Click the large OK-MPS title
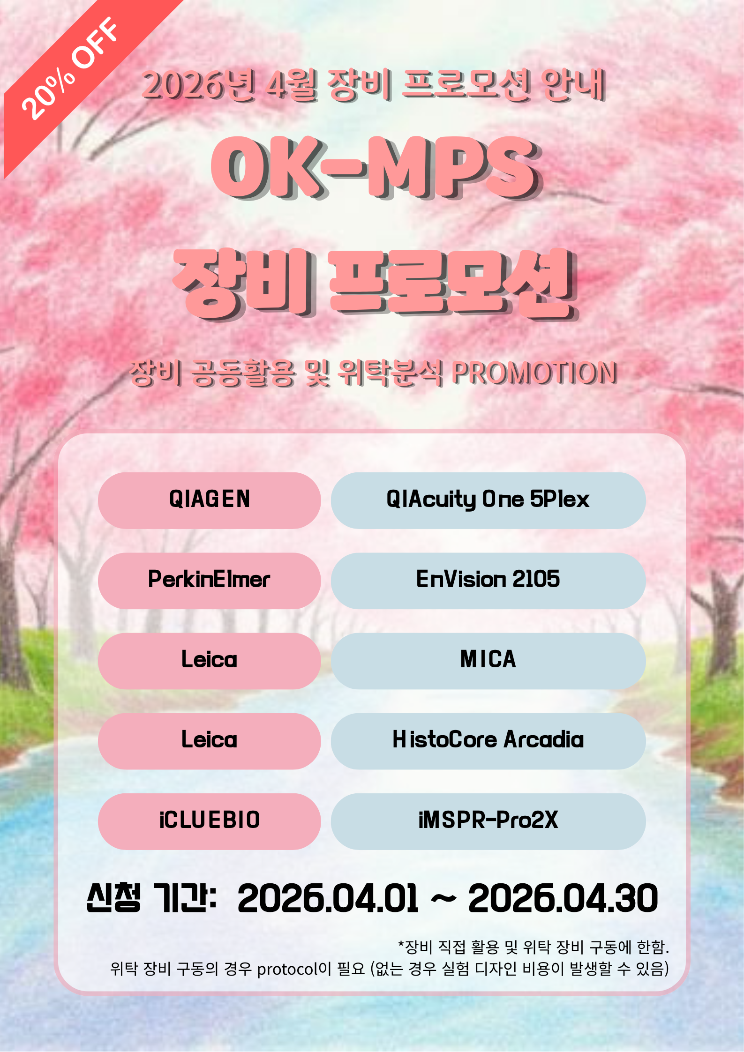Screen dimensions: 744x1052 point(376,167)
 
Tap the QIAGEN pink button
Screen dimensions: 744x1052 point(209,500)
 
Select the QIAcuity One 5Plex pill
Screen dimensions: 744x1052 point(488,500)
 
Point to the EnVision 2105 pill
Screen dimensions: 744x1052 point(488,581)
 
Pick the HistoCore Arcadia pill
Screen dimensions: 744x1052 point(488,741)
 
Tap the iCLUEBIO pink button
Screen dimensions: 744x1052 point(209,821)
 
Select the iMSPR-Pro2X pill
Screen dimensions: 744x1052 point(488,821)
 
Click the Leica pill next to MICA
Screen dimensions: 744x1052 point(209,661)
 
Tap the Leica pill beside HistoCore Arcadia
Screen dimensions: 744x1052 point(209,741)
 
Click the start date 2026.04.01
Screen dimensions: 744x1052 point(328,898)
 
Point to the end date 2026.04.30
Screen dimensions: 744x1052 point(563,898)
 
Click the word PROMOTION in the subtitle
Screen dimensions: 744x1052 point(534,373)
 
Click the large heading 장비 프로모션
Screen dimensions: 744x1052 point(375,284)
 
